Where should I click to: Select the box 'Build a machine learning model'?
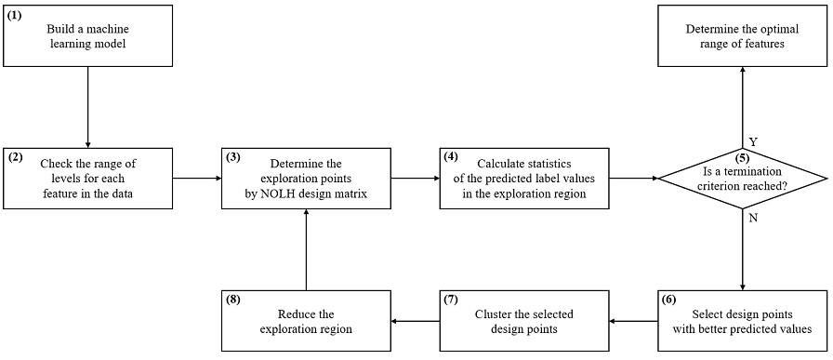(x=86, y=35)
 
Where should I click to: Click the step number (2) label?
(x=16, y=157)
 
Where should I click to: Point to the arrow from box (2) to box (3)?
(x=196, y=177)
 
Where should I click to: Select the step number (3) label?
(x=234, y=157)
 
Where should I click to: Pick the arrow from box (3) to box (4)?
(x=416, y=177)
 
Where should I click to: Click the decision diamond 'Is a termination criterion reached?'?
(x=742, y=177)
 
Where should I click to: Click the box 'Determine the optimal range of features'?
(x=742, y=35)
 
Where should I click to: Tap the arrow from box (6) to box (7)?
(x=633, y=321)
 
